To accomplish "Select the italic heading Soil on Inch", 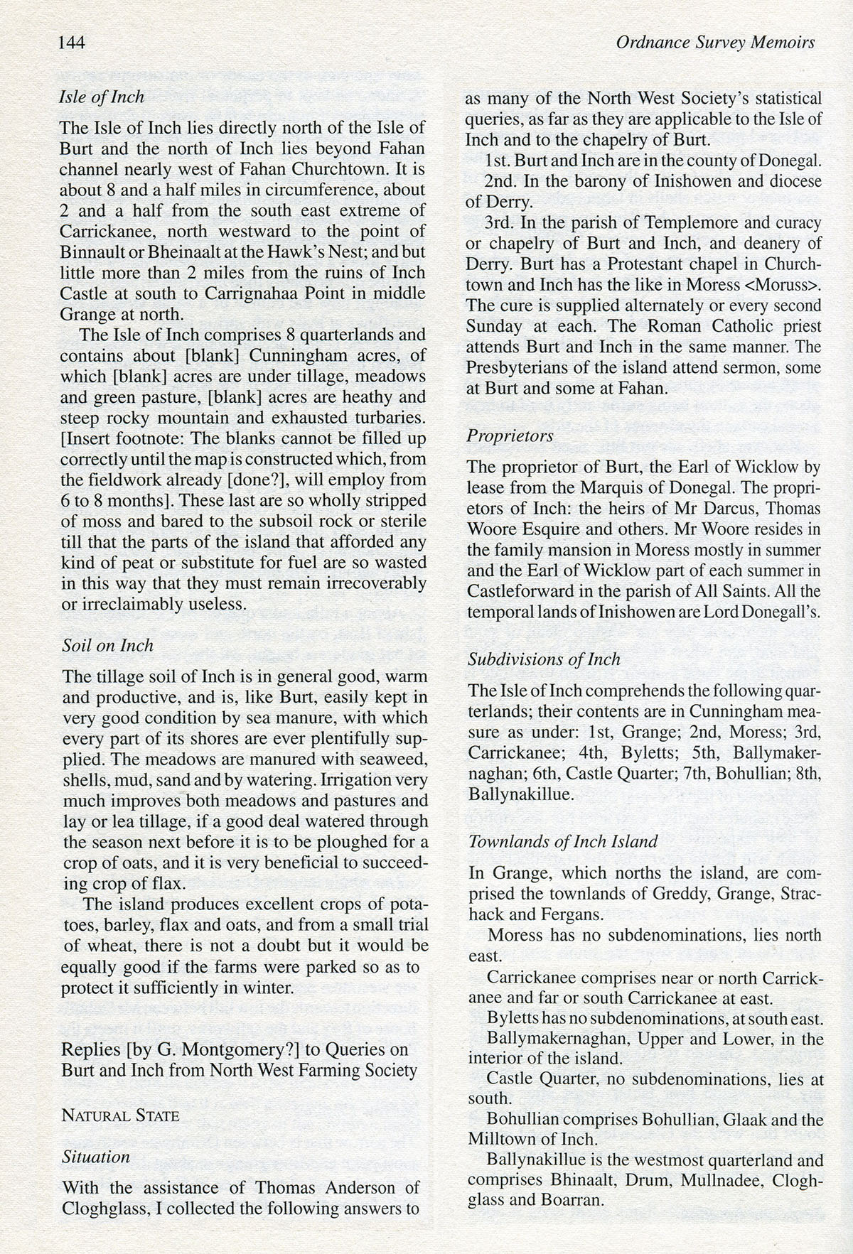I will click(108, 645).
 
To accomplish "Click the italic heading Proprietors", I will click(510, 436).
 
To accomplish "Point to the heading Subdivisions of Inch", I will click(544, 659).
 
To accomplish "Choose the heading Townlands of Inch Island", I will click(562, 842).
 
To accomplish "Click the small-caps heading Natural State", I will click(121, 1115).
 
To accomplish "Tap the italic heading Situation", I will click(96, 1157).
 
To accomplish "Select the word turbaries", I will click(385, 417).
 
